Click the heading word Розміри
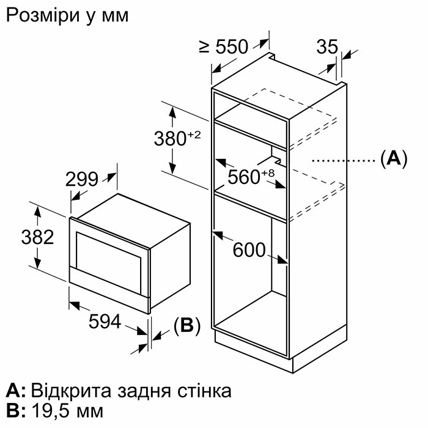tap(43, 16)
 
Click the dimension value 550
tap(232, 46)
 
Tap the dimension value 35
tap(327, 46)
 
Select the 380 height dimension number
tap(170, 138)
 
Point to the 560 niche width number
tap(244, 177)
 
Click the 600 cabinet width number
tap(249, 249)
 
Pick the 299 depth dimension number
tap(81, 179)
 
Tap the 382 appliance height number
tap(37, 237)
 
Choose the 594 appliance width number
tap(105, 321)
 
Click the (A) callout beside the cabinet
tap(394, 158)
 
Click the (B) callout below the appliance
tap(187, 326)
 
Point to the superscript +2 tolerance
tap(194, 135)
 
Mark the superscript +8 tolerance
tap(268, 173)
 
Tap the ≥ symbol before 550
tap(204, 46)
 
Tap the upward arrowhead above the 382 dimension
tap(37, 212)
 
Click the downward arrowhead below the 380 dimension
tap(172, 168)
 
